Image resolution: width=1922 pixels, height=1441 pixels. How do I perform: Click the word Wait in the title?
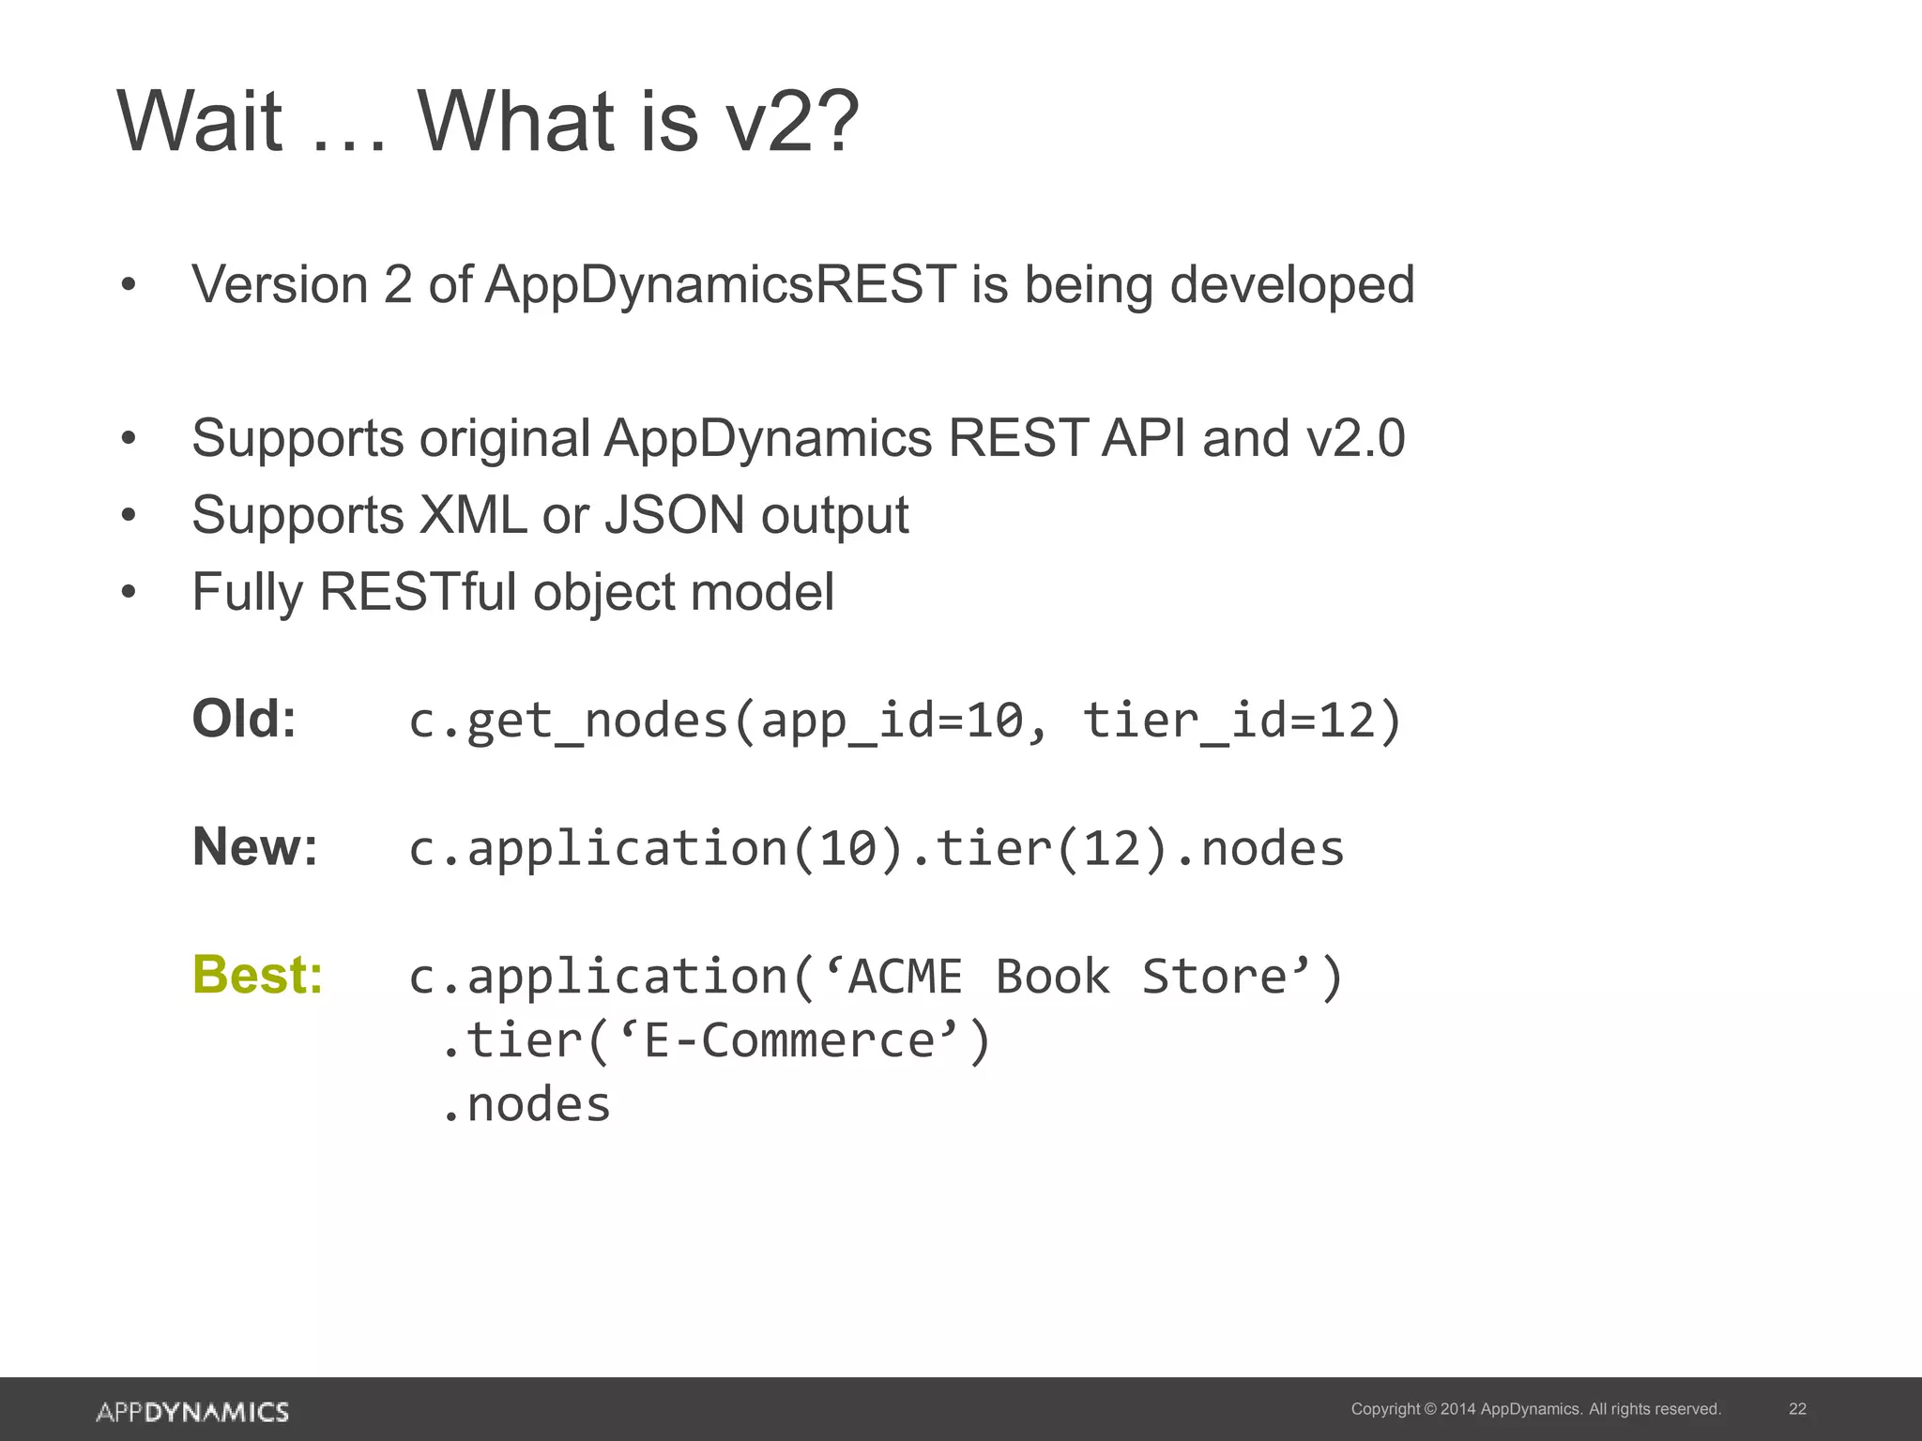point(199,122)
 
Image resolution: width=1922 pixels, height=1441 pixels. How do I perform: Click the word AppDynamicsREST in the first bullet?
point(721,285)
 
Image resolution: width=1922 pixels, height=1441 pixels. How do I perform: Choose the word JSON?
point(674,515)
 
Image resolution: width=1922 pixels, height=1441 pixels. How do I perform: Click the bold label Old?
point(244,720)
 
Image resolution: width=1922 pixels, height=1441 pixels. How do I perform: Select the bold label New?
point(255,847)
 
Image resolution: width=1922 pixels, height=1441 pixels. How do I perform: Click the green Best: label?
point(258,975)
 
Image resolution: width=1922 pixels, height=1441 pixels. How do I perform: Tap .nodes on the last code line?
point(526,1104)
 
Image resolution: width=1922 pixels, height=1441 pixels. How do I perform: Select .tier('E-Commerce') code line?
point(715,1040)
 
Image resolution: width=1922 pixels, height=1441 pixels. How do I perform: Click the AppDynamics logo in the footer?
point(192,1411)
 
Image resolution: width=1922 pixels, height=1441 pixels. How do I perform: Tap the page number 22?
point(1797,1409)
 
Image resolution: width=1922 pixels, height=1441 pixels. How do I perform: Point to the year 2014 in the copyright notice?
point(1457,1409)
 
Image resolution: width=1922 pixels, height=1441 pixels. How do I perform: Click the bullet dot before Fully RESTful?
point(129,592)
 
